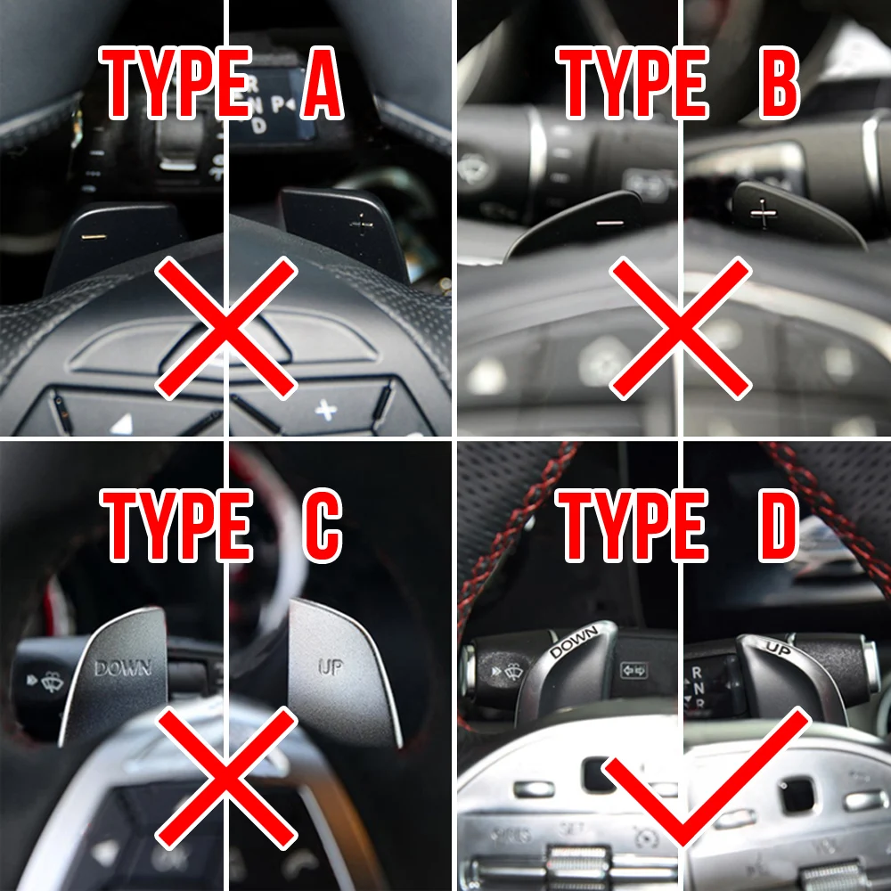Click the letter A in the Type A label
point(322,85)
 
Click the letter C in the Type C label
point(322,527)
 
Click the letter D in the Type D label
point(771,527)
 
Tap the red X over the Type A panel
point(226,327)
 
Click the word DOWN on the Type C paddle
point(123,667)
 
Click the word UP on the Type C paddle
point(331,667)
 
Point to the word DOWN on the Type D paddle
point(573,640)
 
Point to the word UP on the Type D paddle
point(778,649)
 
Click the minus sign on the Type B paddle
point(610,219)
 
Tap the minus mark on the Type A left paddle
point(92,238)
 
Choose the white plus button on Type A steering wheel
point(326,410)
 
